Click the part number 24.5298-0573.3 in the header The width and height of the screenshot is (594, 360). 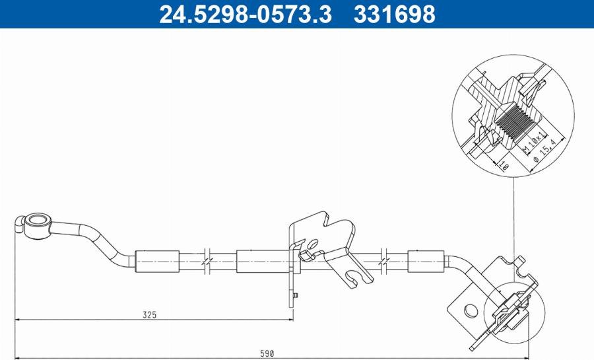tap(245, 14)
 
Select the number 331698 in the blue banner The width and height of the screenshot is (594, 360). tap(395, 14)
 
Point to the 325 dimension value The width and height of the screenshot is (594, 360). tap(150, 315)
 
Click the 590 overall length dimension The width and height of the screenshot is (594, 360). tap(267, 354)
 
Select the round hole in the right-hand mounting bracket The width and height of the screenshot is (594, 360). tap(469, 309)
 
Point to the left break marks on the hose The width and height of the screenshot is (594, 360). tap(207, 260)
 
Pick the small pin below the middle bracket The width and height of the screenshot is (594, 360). tap(297, 294)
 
